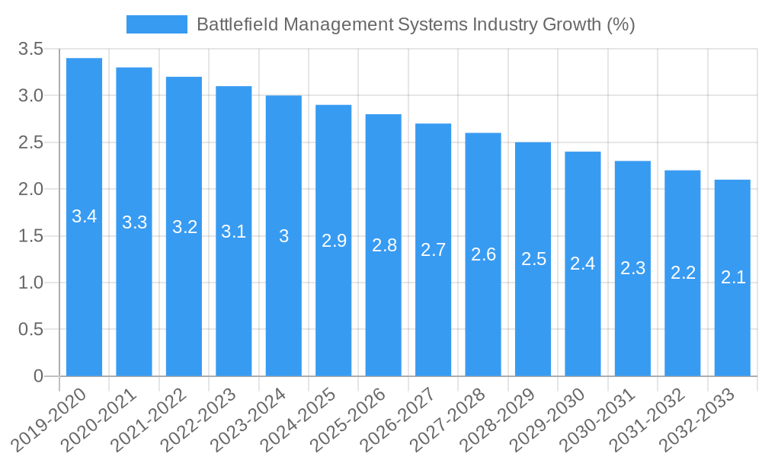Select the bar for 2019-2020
(x=84, y=217)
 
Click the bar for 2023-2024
(x=283, y=236)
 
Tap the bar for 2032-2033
(x=732, y=278)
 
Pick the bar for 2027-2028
(x=483, y=254)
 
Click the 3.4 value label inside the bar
(x=84, y=216)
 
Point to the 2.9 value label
(x=334, y=241)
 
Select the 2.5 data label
(x=533, y=259)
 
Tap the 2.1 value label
(x=733, y=278)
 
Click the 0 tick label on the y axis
(x=39, y=376)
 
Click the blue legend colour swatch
(x=156, y=24)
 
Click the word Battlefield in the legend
(x=232, y=24)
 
